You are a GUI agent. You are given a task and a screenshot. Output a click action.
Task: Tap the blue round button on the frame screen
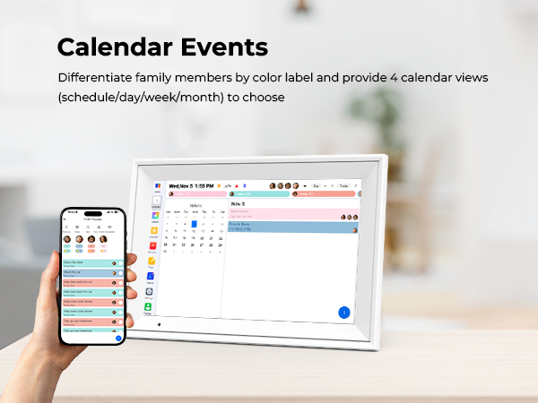coord(343,313)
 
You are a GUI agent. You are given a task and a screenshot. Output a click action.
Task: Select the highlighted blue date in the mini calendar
coord(194,224)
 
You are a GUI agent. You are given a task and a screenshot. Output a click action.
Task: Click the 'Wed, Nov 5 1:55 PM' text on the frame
coord(193,186)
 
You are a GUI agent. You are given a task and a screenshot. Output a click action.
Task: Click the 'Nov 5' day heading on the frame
coord(239,203)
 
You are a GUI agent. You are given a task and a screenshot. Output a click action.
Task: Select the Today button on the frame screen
coord(343,186)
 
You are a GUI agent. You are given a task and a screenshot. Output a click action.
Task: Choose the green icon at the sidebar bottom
coord(148,306)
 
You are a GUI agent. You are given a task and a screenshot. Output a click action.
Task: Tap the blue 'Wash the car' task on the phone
coord(90,273)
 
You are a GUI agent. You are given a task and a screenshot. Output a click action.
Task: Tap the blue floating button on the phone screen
coord(118,339)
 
